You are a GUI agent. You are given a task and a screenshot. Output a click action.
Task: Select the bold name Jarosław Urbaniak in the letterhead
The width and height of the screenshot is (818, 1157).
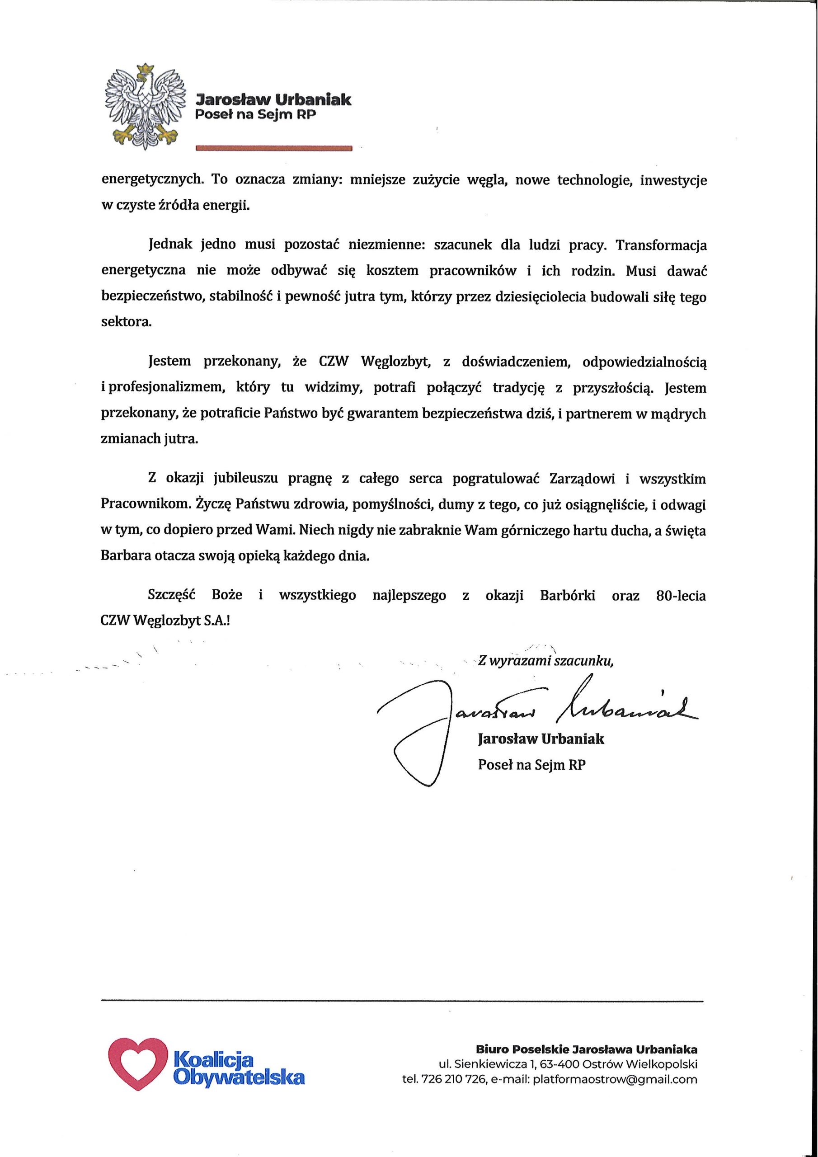coord(273,99)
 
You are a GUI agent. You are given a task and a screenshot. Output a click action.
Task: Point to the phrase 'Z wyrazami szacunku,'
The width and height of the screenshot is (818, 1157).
coord(546,661)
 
